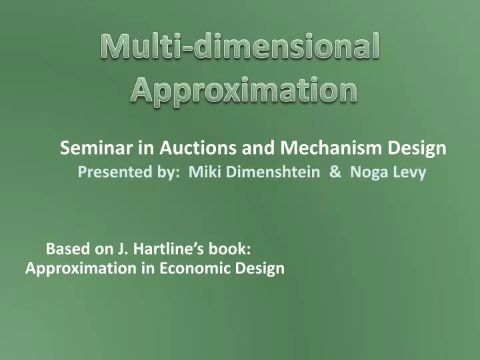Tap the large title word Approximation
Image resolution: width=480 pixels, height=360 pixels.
[x=243, y=89]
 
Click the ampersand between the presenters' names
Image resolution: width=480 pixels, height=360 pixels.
[x=335, y=173]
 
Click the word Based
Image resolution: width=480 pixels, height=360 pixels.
[x=63, y=249]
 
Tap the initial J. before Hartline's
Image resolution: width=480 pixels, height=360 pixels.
[x=123, y=249]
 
